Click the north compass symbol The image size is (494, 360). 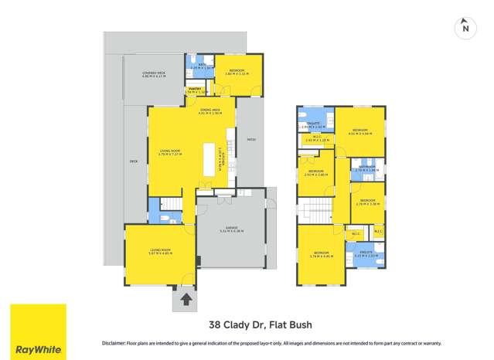465,28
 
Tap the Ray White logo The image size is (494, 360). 38,331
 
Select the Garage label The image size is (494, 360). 230,230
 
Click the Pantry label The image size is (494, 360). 196,90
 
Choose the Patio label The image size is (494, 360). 250,139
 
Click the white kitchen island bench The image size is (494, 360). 209,159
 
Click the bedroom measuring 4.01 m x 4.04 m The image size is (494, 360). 360,131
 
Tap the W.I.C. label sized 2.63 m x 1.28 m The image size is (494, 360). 316,139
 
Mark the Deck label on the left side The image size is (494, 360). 133,162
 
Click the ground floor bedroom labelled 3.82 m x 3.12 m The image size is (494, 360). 237,73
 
